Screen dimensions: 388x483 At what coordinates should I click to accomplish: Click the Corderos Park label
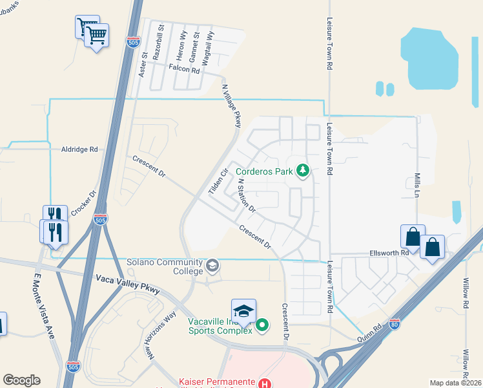[265, 172]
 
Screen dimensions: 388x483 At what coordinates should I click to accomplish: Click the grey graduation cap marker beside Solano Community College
[212, 266]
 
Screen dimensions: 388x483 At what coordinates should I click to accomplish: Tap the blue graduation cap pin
[244, 311]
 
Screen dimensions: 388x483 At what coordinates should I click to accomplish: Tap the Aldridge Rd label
[79, 149]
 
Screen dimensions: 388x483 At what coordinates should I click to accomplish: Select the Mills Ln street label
[416, 185]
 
